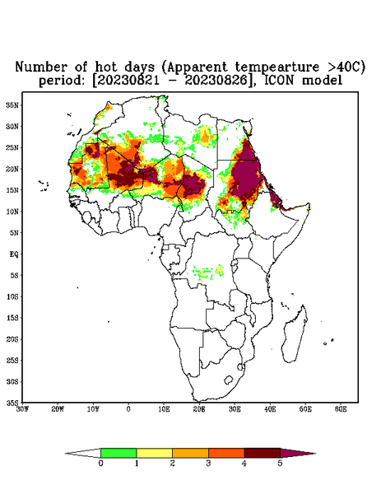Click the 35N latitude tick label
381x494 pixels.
pyautogui.click(x=12, y=105)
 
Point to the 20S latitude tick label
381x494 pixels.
pyautogui.click(x=12, y=339)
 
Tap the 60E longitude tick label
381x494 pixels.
pyautogui.click(x=341, y=409)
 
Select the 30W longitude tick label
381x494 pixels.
pyautogui.click(x=22, y=409)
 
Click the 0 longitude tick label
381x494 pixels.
pyautogui.click(x=128, y=409)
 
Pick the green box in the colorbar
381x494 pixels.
pyautogui.click(x=118, y=453)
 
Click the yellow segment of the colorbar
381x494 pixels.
pyautogui.click(x=154, y=453)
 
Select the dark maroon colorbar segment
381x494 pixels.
pyautogui.click(x=263, y=453)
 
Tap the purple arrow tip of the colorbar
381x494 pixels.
pyautogui.click(x=315, y=454)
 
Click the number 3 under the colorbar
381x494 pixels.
pyautogui.click(x=208, y=464)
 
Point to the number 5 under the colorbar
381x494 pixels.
pyautogui.click(x=280, y=464)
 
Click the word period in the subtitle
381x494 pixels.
pyautogui.click(x=62, y=81)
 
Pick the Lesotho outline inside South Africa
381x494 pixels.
pyautogui.click(x=228, y=380)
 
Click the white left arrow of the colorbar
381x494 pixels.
pyautogui.click(x=83, y=453)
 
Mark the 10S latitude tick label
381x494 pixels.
pyautogui.click(x=12, y=296)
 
